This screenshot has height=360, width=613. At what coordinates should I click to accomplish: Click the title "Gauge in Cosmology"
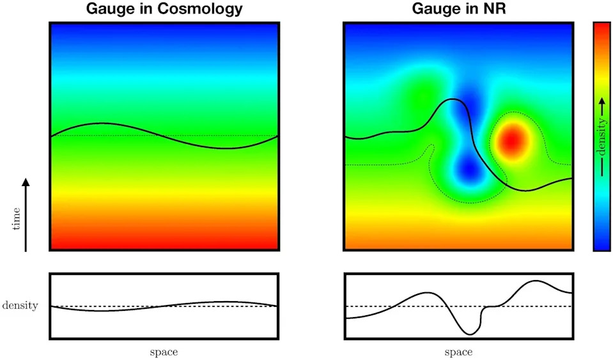point(164,8)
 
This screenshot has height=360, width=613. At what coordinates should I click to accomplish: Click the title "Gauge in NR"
point(459,8)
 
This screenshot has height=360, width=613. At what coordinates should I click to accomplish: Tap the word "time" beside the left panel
point(17,219)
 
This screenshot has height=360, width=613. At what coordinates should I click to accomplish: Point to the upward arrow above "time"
point(26,214)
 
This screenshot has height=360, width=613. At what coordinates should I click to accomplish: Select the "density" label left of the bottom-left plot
point(20,305)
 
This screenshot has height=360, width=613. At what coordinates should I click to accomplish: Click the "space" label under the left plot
point(164,352)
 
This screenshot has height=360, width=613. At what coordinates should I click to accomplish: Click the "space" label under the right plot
point(458,352)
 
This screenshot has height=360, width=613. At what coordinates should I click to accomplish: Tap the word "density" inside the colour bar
point(602,137)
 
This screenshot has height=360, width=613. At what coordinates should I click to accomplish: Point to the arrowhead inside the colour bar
point(602,102)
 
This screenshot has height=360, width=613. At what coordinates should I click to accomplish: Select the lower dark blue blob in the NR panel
point(469,169)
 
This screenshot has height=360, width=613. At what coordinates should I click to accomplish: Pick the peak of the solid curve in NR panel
point(453,99)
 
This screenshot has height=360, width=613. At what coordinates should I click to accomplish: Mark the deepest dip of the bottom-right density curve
point(470,334)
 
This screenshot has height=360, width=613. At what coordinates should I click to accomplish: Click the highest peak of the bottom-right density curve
point(536,281)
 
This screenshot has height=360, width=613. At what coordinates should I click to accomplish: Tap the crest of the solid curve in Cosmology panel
point(101,123)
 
